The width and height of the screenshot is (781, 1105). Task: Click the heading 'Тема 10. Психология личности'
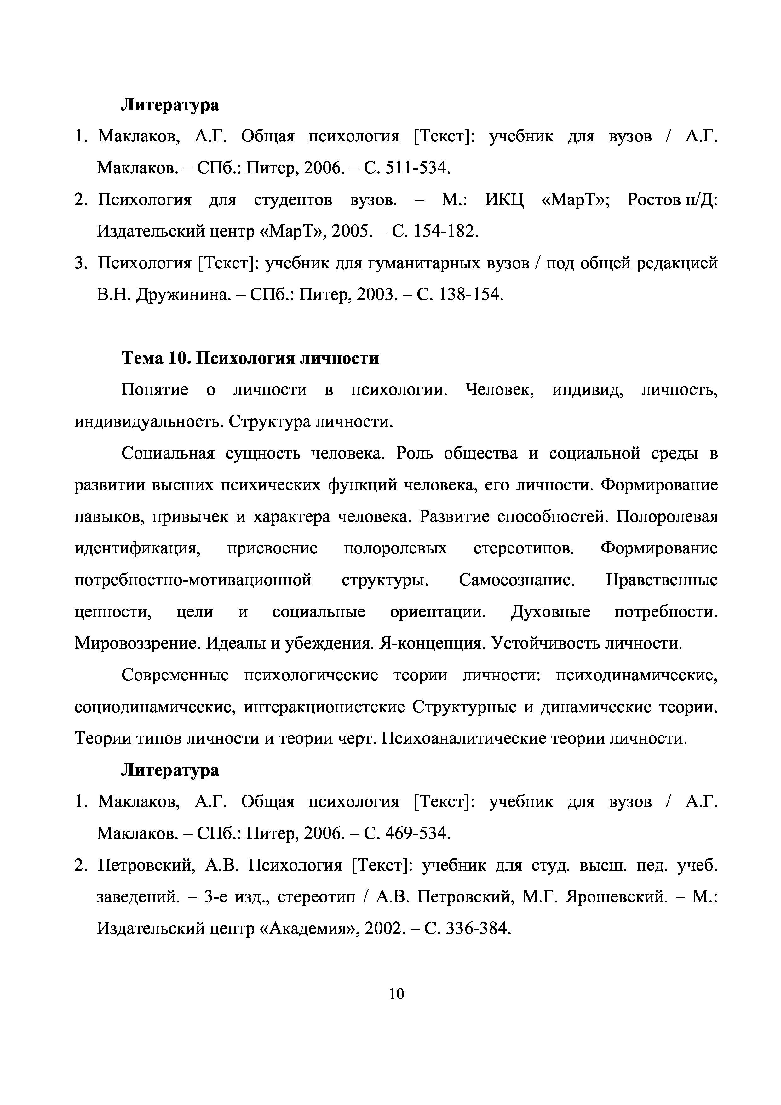[x=250, y=358]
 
